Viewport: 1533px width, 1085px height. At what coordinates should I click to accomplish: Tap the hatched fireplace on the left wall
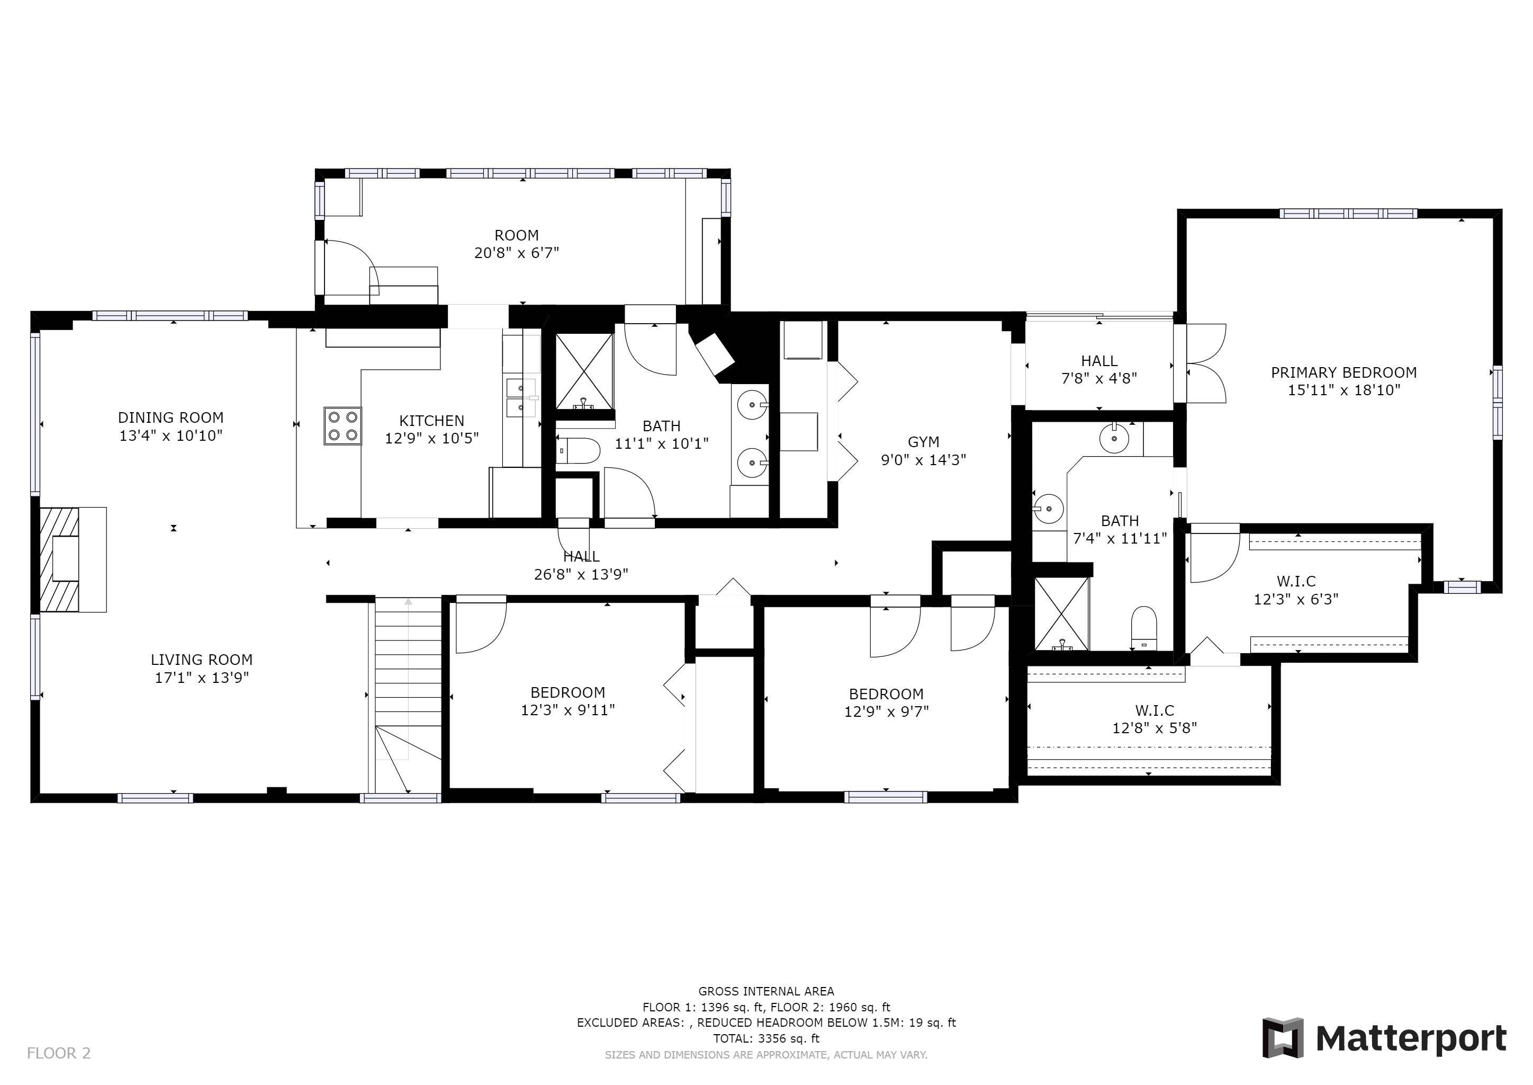pyautogui.click(x=59, y=560)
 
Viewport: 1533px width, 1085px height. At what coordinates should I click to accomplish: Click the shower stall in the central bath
pyautogui.click(x=584, y=371)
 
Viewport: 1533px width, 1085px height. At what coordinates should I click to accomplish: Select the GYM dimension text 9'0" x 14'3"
pyautogui.click(x=923, y=460)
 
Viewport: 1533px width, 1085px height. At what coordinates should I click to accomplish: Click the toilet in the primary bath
pyautogui.click(x=1144, y=627)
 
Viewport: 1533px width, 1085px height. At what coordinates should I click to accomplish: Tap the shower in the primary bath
pyautogui.click(x=1061, y=614)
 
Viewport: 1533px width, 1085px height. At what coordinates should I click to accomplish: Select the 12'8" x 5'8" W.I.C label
pyautogui.click(x=1155, y=727)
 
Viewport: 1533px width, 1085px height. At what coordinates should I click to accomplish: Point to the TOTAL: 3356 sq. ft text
pyautogui.click(x=766, y=1038)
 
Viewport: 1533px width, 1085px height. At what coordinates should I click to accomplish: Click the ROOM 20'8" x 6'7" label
pyautogui.click(x=516, y=244)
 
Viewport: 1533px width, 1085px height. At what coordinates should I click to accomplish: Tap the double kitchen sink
pyautogui.click(x=521, y=397)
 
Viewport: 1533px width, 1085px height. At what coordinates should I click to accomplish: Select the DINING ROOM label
pyautogui.click(x=170, y=418)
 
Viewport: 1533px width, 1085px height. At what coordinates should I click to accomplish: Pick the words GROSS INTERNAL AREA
pyautogui.click(x=766, y=991)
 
